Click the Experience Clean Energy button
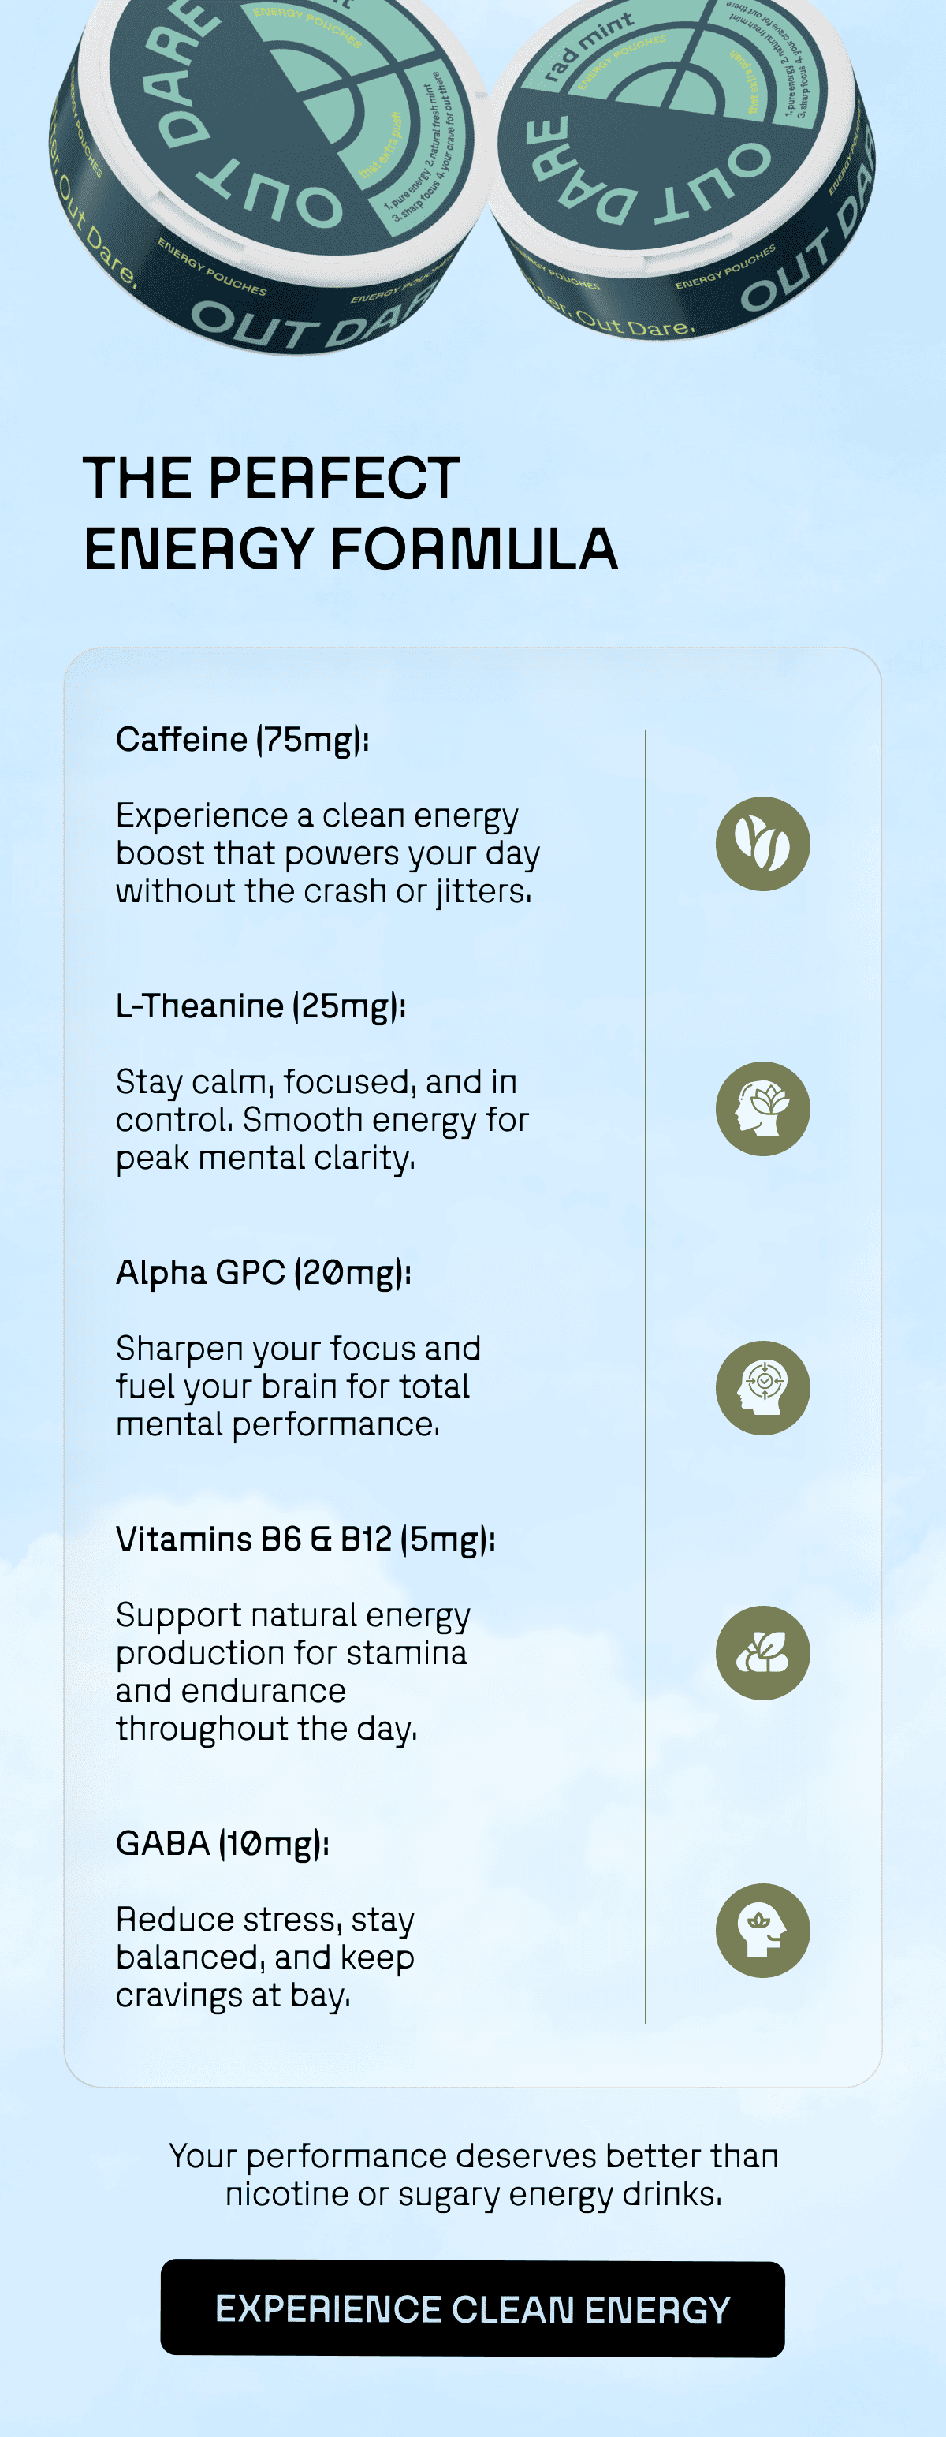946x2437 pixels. click(472, 2308)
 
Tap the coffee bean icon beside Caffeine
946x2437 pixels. click(762, 843)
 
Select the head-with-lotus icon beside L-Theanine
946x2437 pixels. click(762, 1109)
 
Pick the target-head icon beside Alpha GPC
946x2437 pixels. click(762, 1387)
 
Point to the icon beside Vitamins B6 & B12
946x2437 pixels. click(762, 1653)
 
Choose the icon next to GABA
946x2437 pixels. click(762, 1930)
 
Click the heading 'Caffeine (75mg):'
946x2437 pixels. click(242, 740)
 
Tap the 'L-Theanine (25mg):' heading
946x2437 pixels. click(260, 1006)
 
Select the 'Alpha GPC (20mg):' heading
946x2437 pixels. click(263, 1272)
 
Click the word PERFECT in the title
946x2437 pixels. click(334, 478)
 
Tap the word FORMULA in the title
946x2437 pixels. click(474, 550)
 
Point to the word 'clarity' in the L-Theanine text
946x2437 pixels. click(363, 1157)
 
